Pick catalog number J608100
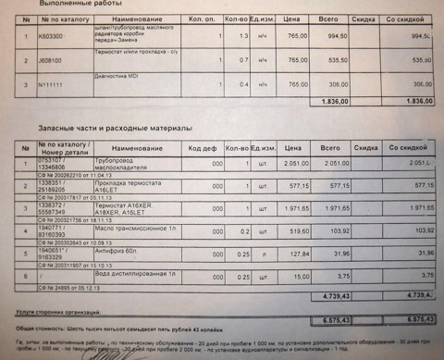click(52, 60)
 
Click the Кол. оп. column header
click(202, 18)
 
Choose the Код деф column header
click(202, 149)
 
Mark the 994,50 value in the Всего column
click(329, 36)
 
